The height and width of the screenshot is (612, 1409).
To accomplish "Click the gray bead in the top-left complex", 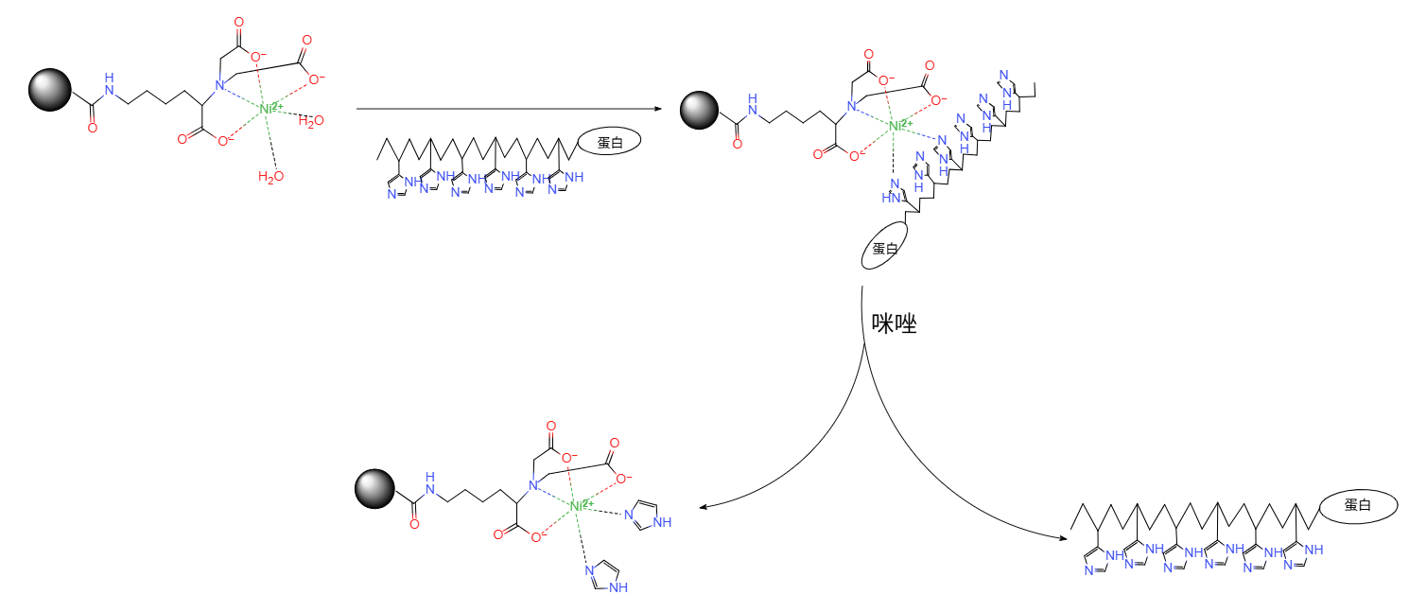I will pyautogui.click(x=49, y=91).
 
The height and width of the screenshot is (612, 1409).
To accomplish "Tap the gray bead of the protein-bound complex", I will pyautogui.click(x=701, y=111).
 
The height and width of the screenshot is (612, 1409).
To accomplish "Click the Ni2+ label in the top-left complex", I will pyautogui.click(x=270, y=109).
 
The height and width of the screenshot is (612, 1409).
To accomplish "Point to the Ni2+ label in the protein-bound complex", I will pyautogui.click(x=899, y=124).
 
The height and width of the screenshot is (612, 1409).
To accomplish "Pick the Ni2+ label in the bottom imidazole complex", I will pyautogui.click(x=581, y=505).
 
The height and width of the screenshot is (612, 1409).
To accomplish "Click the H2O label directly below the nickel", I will pyautogui.click(x=270, y=176).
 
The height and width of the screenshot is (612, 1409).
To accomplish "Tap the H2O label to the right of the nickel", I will pyautogui.click(x=311, y=120).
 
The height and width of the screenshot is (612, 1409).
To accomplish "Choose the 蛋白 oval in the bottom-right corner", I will pyautogui.click(x=1357, y=506).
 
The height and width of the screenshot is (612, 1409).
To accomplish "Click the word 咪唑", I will pyautogui.click(x=895, y=324).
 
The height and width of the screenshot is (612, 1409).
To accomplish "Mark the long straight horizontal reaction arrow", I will pyautogui.click(x=520, y=108).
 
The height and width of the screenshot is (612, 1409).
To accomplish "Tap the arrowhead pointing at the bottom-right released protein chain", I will pyautogui.click(x=1063, y=538).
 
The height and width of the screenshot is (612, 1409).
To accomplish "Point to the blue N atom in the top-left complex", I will pyautogui.click(x=218, y=86).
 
